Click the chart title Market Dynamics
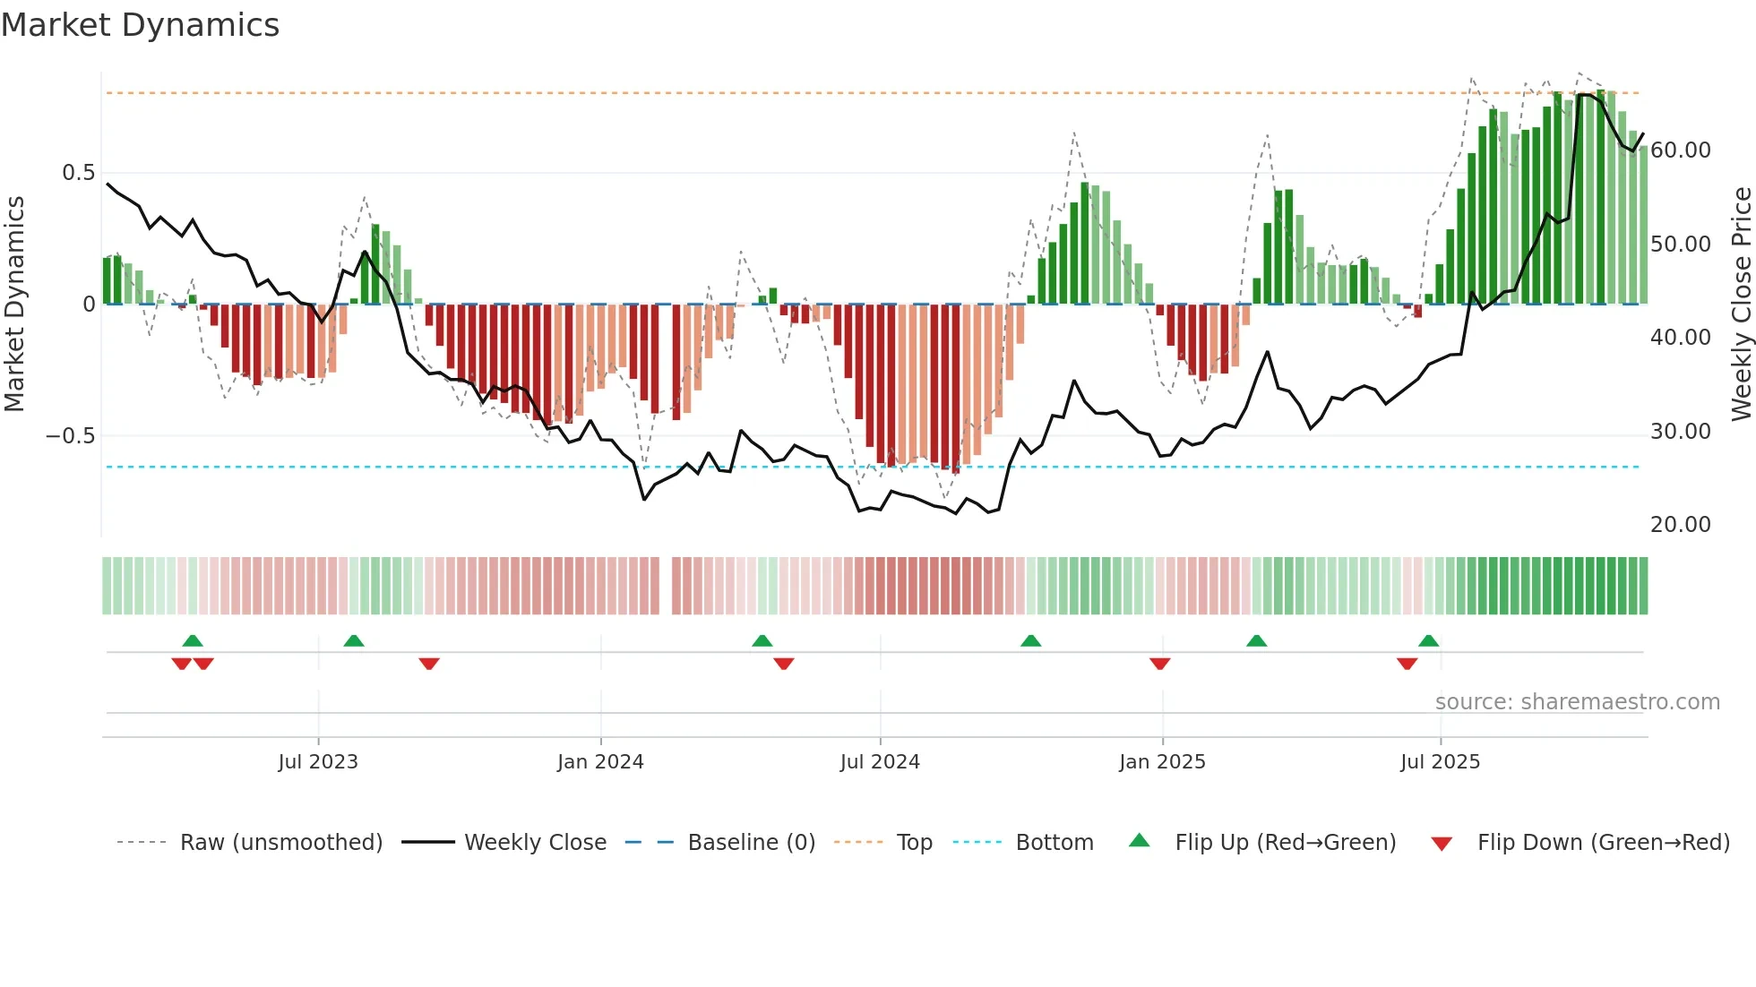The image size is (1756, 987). pos(141,25)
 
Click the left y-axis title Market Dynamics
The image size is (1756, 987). pos(15,304)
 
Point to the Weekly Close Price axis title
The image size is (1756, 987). pos(1741,304)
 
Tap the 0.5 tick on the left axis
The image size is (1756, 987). pos(78,173)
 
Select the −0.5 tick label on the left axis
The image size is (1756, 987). pos(70,436)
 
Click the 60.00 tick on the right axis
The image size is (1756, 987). pos(1680,150)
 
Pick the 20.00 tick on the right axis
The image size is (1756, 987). pos(1680,525)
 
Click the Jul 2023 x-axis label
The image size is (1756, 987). pos(318,762)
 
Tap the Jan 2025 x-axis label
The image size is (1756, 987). pos(1162,762)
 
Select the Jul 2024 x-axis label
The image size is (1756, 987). pos(880,762)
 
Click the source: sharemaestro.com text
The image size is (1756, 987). pos(1577,702)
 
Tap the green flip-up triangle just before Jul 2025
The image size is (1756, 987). pos(1428,640)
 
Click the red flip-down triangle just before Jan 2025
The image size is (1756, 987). pos(1160,664)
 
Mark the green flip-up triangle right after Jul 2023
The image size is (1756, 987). pos(354,640)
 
